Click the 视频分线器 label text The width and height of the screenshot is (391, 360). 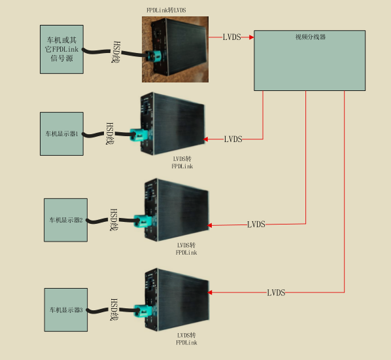[311, 37]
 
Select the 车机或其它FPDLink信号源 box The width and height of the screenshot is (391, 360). [61, 49]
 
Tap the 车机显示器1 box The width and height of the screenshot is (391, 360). [61, 134]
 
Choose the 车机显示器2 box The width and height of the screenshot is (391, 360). [65, 220]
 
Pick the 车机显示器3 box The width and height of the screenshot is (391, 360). [66, 310]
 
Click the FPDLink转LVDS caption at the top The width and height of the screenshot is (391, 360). [166, 10]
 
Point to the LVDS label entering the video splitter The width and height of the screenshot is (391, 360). [231, 37]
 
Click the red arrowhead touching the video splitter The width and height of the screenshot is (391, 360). [251, 37]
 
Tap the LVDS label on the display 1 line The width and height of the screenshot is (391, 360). [233, 139]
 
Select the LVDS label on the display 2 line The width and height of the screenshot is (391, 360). [256, 225]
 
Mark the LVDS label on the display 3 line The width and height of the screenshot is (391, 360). [276, 293]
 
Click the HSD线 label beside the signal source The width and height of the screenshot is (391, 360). [116, 52]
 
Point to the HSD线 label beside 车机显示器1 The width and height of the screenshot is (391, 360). [109, 134]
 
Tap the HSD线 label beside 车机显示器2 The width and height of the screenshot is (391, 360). [114, 220]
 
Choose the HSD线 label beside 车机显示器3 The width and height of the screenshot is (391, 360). [114, 310]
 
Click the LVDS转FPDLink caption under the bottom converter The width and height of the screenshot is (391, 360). [186, 339]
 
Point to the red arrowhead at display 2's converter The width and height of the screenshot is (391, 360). [210, 225]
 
